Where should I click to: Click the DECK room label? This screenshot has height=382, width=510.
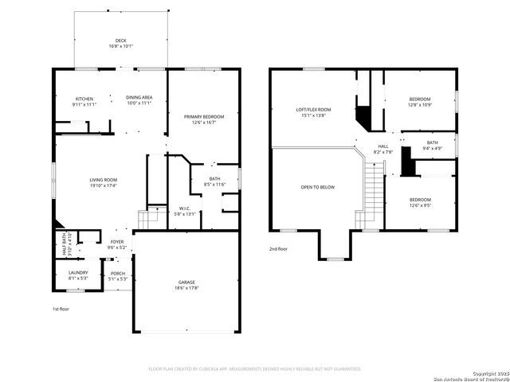coord(121,41)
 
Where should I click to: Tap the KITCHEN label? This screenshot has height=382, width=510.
coord(84,98)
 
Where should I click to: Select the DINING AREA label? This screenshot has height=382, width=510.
coord(139,98)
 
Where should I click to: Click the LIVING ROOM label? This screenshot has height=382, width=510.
coord(104,180)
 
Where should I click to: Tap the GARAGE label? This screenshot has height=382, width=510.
coord(186,282)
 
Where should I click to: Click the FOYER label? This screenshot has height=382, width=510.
coord(117,242)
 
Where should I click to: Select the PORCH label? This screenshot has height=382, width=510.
coord(117,273)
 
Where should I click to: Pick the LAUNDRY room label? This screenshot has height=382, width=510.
coord(77,273)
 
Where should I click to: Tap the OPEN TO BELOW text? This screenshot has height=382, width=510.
coord(317,187)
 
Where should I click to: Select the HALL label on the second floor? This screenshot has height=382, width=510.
coord(383,146)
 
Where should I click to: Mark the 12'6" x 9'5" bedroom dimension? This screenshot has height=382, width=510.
coord(420,205)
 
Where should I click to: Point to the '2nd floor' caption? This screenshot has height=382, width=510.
coord(279,249)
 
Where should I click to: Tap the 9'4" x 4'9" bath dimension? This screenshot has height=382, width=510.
coord(431,148)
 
